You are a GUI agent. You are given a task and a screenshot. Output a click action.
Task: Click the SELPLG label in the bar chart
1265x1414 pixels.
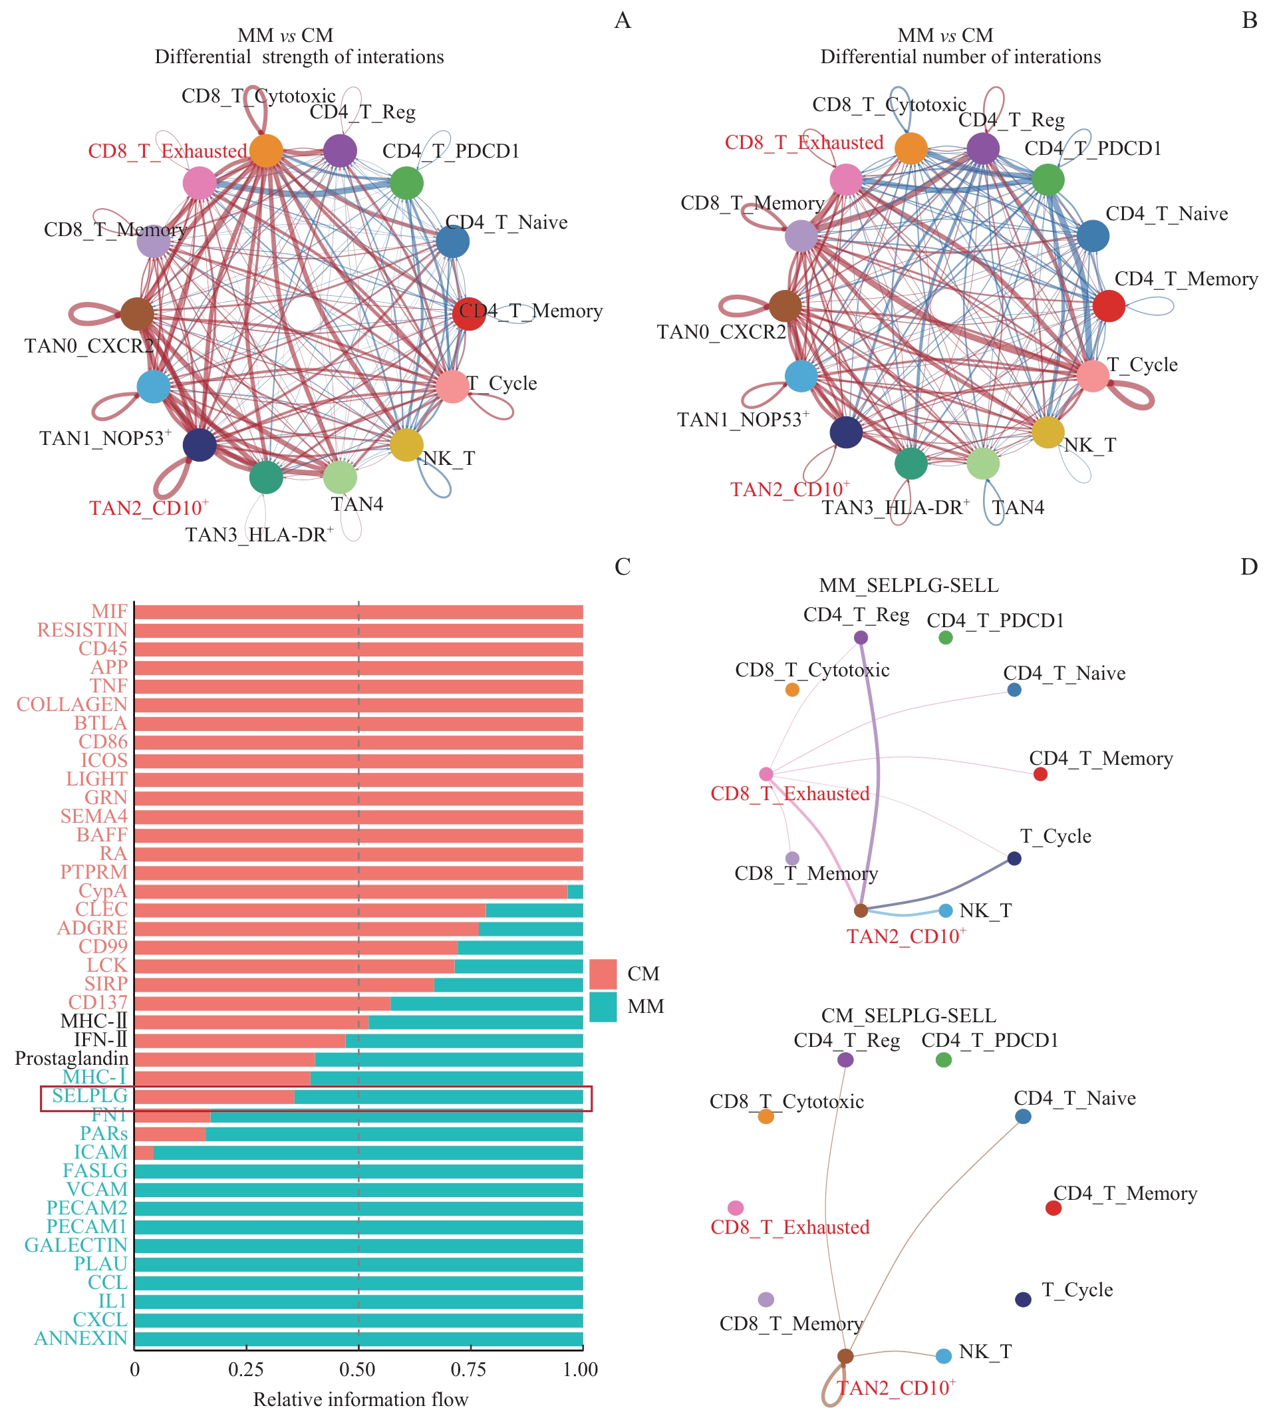pos(90,1095)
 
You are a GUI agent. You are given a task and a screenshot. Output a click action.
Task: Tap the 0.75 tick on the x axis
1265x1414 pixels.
pos(468,1369)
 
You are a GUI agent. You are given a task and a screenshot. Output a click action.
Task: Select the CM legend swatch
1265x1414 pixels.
pos(603,973)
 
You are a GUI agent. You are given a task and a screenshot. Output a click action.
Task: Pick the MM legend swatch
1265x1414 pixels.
pos(603,1006)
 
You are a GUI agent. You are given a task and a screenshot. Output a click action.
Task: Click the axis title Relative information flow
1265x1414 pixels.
pos(360,1399)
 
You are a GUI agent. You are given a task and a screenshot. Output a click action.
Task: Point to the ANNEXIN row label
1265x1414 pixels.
pos(80,1338)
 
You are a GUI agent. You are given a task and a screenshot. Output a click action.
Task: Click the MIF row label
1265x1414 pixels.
pos(109,611)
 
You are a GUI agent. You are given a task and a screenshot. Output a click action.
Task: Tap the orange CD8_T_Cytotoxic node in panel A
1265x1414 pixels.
pos(266,150)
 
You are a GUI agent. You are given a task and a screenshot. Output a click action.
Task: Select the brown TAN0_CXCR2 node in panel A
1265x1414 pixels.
pos(137,314)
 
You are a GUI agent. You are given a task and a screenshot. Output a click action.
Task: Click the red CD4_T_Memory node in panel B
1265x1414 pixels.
pos(1109,306)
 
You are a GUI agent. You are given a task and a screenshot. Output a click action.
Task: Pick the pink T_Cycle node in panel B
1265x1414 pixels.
pos(1093,376)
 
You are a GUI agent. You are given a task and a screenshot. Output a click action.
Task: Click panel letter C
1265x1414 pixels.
pos(622,567)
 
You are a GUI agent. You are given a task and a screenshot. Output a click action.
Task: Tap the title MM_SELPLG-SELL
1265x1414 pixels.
pos(909,585)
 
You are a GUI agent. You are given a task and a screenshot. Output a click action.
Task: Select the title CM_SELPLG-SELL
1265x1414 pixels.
pos(909,1016)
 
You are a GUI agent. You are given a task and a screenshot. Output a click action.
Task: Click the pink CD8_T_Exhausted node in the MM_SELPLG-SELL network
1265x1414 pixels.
pos(766,774)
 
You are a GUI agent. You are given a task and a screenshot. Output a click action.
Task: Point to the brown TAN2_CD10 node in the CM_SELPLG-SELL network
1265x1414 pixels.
pos(845,1355)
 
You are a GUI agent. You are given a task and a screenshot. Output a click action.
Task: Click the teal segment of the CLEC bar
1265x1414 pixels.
pos(534,910)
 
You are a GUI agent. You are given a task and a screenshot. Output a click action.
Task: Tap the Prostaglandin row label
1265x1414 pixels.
pos(72,1058)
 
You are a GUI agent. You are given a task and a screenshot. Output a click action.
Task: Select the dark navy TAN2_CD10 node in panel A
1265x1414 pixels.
pos(200,445)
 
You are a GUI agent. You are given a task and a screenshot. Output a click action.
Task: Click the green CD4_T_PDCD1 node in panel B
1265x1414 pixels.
pos(1048,180)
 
